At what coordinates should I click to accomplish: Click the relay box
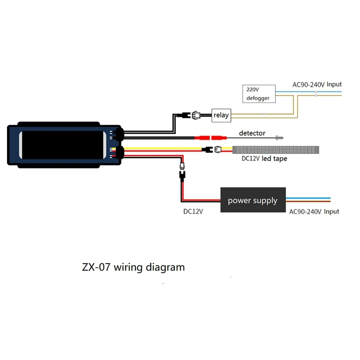pos(221,115)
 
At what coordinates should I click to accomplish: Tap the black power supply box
pos(252,200)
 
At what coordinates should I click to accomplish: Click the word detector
pos(252,133)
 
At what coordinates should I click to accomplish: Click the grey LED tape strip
pos(275,149)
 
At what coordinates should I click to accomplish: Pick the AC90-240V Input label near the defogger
pos(317,84)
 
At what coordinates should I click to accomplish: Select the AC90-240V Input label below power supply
pos(314,211)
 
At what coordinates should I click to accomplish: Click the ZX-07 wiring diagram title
pos(133,267)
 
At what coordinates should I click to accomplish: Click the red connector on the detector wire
pos(211,137)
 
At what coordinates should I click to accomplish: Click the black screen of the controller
pos(63,144)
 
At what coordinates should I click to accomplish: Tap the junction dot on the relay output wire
pos(264,114)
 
